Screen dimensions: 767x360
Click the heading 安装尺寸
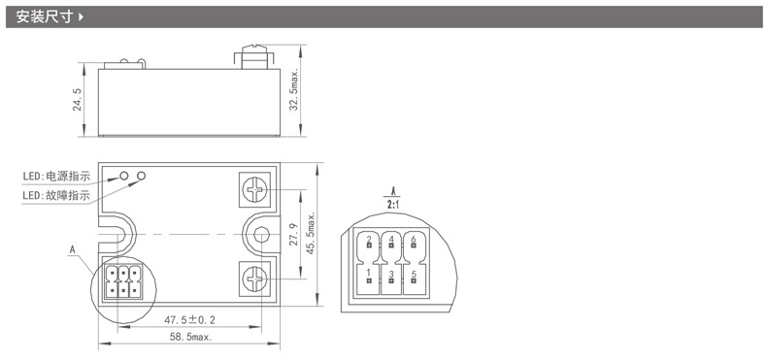click(45, 17)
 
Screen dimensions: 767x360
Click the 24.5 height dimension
click(78, 100)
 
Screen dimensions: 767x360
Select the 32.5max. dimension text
click(293, 90)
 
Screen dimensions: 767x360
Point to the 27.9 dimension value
click(293, 234)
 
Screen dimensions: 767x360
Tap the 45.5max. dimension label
click(311, 234)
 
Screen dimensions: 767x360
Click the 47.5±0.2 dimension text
click(189, 320)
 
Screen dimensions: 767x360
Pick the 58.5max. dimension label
click(191, 337)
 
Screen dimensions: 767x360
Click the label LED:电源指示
click(56, 177)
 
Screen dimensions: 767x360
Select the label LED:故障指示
click(56, 196)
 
